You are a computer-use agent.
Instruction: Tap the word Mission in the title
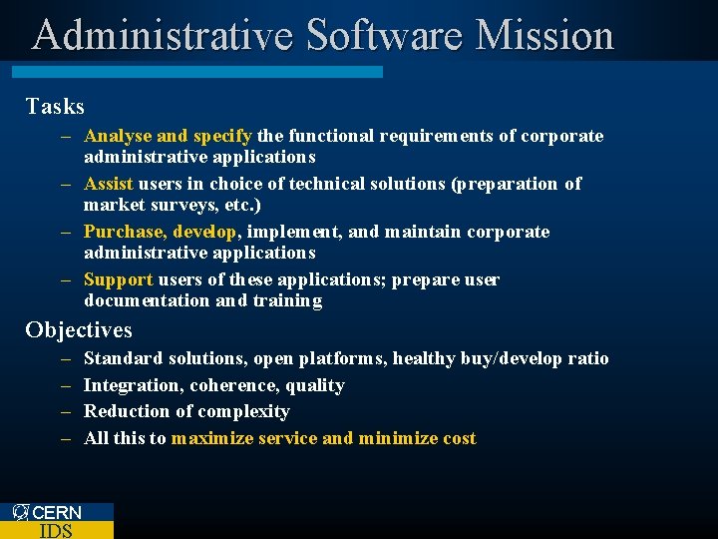pos(544,35)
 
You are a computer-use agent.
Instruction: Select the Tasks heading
pos(55,106)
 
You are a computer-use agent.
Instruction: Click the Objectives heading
pos(79,329)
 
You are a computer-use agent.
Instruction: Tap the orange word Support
pos(118,279)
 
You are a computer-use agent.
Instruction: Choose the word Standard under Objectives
pos(124,358)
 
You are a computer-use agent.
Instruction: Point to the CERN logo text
pos(57,512)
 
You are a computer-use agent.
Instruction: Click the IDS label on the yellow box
pos(56,530)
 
